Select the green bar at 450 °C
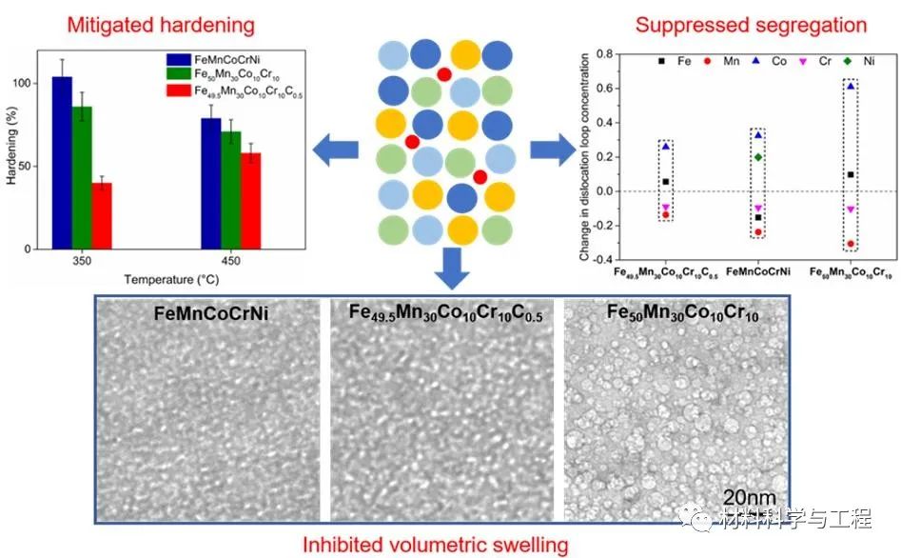[230, 189]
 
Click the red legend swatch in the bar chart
[172, 90]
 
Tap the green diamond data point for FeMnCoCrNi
[757, 157]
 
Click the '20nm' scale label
[749, 497]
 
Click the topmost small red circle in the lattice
[443, 73]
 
